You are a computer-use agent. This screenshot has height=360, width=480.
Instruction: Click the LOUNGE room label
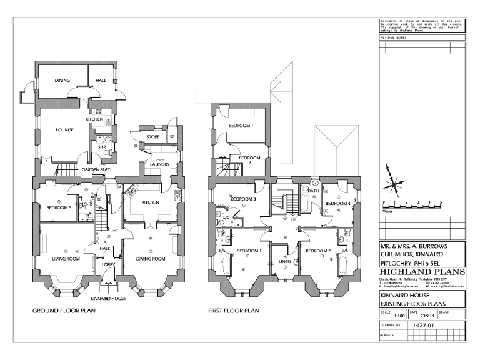click(64, 130)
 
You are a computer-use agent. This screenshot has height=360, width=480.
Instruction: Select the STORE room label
click(152, 136)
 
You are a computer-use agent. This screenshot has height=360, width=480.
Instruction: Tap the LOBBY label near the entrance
click(107, 264)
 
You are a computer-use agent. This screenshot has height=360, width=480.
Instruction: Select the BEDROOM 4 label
click(338, 203)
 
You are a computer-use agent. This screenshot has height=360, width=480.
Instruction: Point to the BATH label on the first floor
click(313, 191)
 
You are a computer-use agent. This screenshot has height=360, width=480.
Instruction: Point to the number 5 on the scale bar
click(441, 202)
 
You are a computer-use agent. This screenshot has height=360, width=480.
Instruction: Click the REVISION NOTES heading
click(392, 37)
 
